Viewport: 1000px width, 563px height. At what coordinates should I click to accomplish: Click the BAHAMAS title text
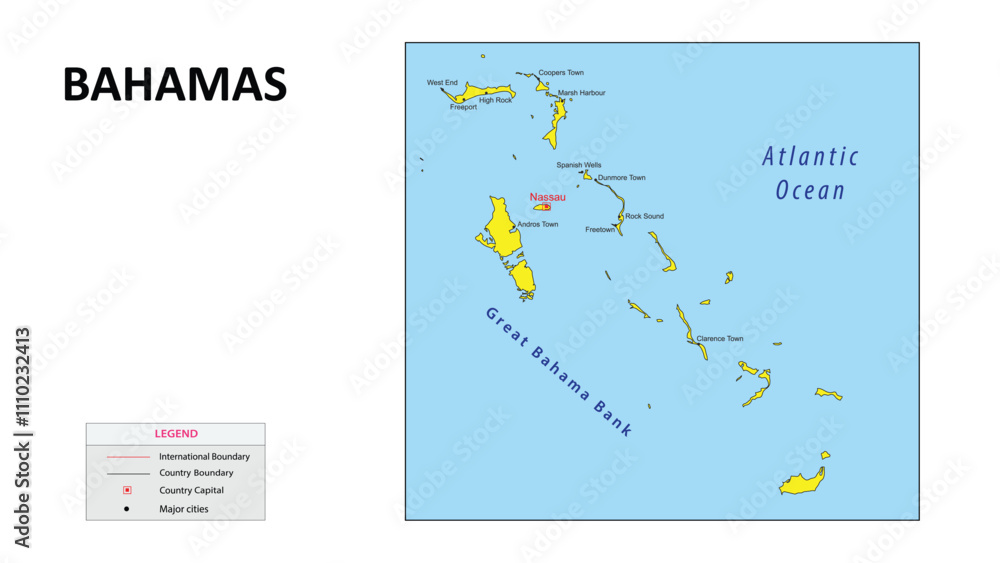coord(175,85)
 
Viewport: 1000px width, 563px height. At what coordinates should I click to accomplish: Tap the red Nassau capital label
coord(548,197)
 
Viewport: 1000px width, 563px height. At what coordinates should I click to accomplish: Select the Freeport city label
coord(463,107)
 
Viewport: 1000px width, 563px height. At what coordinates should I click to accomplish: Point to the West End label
coord(442,83)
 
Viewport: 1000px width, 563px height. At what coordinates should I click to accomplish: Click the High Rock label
coord(495,100)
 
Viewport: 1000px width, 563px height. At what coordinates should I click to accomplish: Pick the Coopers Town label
coord(561,73)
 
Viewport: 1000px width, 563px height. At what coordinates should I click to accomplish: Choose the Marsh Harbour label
coord(581,93)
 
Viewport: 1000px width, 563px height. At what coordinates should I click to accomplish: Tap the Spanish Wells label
coord(579,165)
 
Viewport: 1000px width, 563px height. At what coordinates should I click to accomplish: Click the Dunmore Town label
coord(621,178)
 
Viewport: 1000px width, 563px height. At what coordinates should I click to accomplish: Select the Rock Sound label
coord(644,216)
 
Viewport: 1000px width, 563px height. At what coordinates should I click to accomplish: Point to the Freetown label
coord(600,230)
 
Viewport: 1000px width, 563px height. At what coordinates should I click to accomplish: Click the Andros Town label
coord(538,225)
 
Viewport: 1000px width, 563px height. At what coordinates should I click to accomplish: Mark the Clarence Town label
coord(720,339)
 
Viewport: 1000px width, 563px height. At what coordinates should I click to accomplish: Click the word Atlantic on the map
coord(810,157)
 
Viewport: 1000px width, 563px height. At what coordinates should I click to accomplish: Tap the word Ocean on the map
coord(810,190)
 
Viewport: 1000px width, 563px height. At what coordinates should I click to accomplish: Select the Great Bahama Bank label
coord(559,371)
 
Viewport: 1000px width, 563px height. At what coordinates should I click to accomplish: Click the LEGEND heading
coord(176,434)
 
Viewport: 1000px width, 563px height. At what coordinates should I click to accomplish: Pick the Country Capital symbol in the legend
coord(127,490)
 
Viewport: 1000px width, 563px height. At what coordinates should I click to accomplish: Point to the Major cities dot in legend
coord(127,509)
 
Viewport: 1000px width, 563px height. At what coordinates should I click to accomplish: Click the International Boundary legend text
coord(204,456)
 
